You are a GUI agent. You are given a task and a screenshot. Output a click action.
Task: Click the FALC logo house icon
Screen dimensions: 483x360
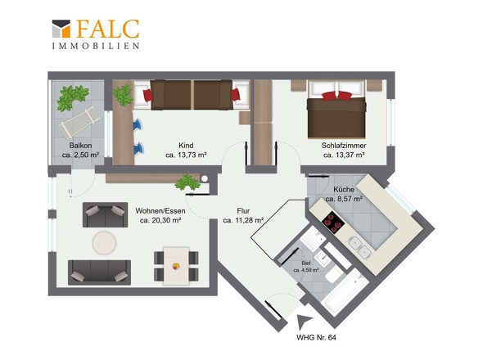click(x=61, y=29)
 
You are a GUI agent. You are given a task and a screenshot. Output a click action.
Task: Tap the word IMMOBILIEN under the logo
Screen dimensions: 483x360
click(x=96, y=46)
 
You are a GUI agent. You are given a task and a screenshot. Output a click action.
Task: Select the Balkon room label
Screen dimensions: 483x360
click(x=80, y=146)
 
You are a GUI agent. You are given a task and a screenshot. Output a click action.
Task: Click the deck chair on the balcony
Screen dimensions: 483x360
click(x=79, y=122)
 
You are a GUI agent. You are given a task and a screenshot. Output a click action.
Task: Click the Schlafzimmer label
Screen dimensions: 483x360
click(x=344, y=146)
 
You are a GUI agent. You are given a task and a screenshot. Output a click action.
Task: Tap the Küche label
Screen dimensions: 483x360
click(x=344, y=189)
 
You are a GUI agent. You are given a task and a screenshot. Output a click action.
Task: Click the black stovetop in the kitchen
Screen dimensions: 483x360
click(x=332, y=222)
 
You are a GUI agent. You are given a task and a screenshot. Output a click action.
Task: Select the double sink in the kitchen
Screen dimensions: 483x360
click(x=359, y=247)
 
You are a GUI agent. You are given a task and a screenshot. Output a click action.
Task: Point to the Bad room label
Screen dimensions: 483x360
click(x=306, y=263)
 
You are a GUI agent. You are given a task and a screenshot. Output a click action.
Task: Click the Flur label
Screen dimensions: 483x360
click(x=243, y=211)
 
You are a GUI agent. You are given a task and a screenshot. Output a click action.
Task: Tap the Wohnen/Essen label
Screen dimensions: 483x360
click(x=160, y=211)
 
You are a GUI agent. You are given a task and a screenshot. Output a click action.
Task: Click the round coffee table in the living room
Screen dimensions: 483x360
click(x=105, y=243)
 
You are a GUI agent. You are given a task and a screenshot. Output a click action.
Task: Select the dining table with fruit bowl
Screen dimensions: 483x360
click(x=176, y=266)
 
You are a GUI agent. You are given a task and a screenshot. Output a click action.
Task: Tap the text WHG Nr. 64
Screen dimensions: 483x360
click(x=316, y=338)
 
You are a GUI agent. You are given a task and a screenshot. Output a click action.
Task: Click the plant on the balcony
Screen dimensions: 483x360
click(x=73, y=98)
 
